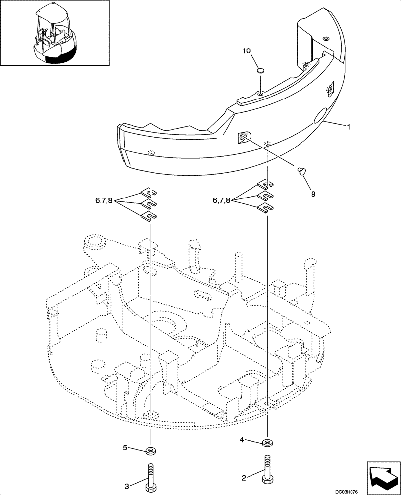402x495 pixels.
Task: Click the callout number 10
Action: (246, 51)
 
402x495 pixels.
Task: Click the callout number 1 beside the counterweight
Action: (349, 127)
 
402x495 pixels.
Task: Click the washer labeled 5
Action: (151, 450)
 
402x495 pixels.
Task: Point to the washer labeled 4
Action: (268, 442)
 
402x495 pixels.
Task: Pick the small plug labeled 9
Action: (301, 171)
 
